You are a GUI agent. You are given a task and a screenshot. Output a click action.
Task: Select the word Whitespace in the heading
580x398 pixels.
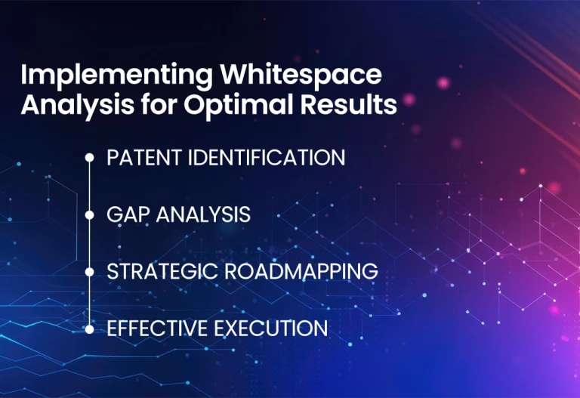[x=301, y=74]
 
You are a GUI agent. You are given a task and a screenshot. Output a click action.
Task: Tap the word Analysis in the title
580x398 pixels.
[x=77, y=106]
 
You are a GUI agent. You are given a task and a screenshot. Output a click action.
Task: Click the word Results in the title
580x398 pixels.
[x=348, y=103]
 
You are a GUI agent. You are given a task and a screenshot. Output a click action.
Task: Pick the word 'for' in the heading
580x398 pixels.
[x=159, y=103]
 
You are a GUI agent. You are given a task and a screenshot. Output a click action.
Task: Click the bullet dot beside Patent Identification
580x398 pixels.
[x=90, y=158]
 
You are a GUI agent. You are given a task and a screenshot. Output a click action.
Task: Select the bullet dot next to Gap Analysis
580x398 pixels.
[x=90, y=215]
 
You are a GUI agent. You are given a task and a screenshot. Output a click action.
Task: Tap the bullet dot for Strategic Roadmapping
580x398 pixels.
[x=90, y=272]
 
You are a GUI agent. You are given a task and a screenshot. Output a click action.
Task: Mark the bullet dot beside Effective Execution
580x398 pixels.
[x=90, y=329]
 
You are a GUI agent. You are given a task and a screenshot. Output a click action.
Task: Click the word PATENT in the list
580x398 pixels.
[x=144, y=157]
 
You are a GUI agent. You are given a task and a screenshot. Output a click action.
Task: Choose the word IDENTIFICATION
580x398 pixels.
[x=267, y=157]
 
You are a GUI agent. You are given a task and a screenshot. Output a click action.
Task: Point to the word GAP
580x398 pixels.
[x=128, y=214]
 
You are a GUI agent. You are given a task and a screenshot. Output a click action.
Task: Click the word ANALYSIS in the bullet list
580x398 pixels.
[x=203, y=214]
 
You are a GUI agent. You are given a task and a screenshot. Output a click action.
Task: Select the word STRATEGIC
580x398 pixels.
[x=162, y=271]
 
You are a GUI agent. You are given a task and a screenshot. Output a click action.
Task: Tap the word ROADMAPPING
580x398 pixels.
[x=301, y=271]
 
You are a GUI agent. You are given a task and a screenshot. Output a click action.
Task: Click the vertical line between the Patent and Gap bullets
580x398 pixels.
[x=90, y=187]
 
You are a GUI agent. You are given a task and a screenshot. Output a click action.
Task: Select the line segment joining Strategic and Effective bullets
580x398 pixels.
[x=90, y=301]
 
